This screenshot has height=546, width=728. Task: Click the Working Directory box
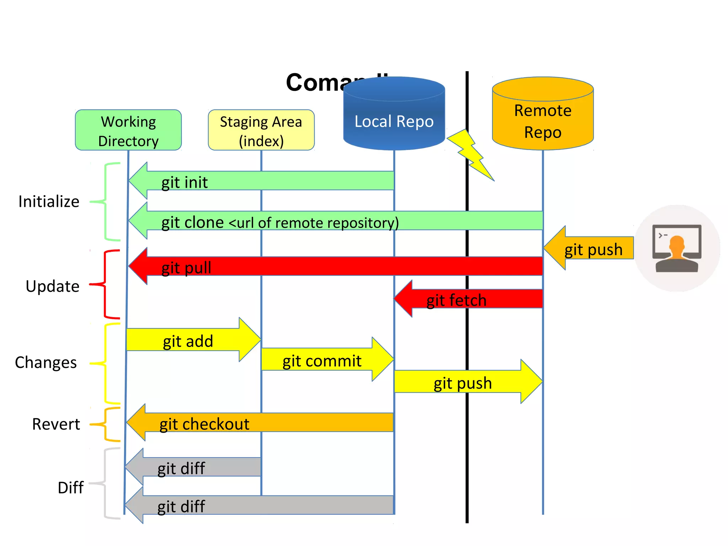[128, 130]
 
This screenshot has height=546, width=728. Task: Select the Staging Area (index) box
[261, 130]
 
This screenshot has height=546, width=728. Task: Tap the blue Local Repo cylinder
[394, 117]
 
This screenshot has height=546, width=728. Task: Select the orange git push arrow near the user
[590, 248]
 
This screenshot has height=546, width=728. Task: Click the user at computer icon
[677, 248]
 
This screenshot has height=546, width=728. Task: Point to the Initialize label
[49, 202]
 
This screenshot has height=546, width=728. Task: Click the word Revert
[56, 424]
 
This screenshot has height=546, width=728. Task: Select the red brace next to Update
[105, 284]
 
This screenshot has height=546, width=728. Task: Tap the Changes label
[46, 363]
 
